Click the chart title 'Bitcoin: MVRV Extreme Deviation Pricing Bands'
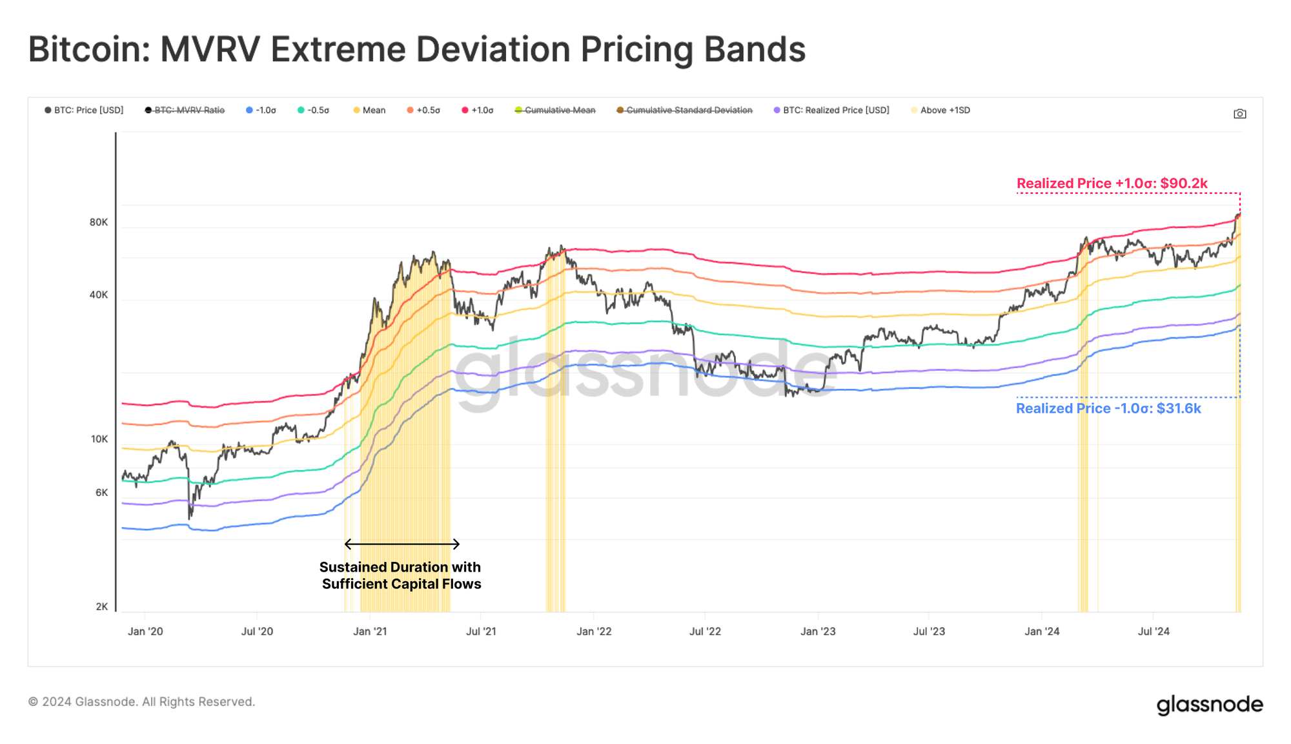pyautogui.click(x=417, y=50)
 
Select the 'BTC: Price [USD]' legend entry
pyautogui.click(x=84, y=110)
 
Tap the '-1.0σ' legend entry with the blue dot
pyautogui.click(x=261, y=110)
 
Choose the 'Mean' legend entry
pyautogui.click(x=369, y=110)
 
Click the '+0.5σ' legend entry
pyautogui.click(x=423, y=110)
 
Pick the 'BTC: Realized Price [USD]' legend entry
pyautogui.click(x=831, y=110)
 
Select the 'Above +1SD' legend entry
pyautogui.click(x=940, y=110)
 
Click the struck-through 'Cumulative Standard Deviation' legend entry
pyautogui.click(x=684, y=110)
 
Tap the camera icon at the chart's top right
pyautogui.click(x=1239, y=114)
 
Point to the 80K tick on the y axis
pyautogui.click(x=99, y=222)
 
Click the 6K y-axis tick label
pyautogui.click(x=102, y=493)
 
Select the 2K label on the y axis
pyautogui.click(x=102, y=607)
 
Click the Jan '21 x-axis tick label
pyautogui.click(x=370, y=632)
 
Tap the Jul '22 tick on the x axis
pyautogui.click(x=705, y=632)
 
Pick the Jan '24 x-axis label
pyautogui.click(x=1042, y=632)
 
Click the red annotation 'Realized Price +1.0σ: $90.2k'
pyautogui.click(x=1112, y=183)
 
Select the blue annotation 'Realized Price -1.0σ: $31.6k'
pyautogui.click(x=1108, y=408)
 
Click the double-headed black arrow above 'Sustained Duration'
pyautogui.click(x=402, y=544)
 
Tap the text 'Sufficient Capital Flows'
pyautogui.click(x=402, y=584)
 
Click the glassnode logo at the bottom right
pyautogui.click(x=1210, y=705)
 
